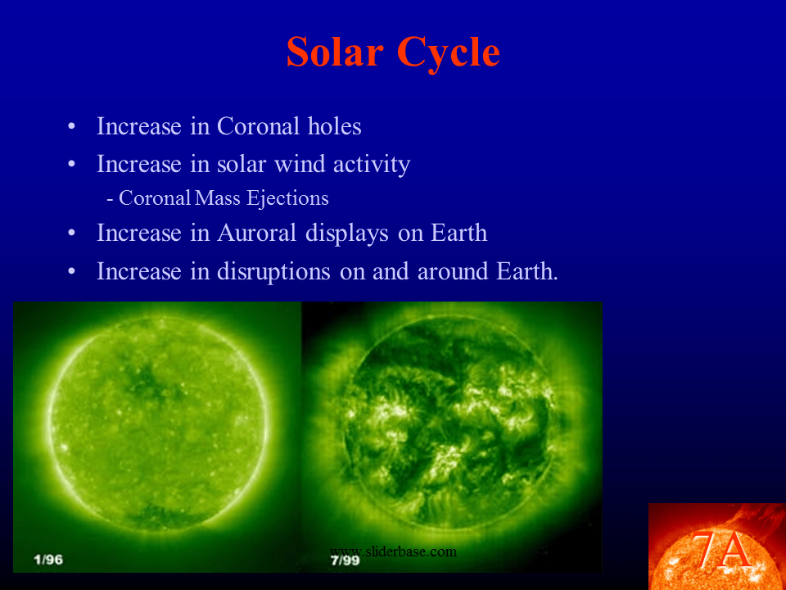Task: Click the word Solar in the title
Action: pyautogui.click(x=335, y=52)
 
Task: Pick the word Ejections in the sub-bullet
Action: pyautogui.click(x=287, y=198)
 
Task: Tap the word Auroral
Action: pyautogui.click(x=256, y=233)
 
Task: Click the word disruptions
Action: pyautogui.click(x=273, y=272)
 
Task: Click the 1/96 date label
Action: pyautogui.click(x=48, y=560)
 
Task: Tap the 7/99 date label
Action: pyautogui.click(x=345, y=560)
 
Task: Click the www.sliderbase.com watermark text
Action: pyautogui.click(x=393, y=551)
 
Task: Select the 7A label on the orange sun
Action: pyautogui.click(x=721, y=551)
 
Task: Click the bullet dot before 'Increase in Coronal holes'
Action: pyautogui.click(x=72, y=126)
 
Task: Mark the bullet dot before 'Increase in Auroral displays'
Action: pyautogui.click(x=72, y=234)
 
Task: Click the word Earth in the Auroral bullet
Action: pyautogui.click(x=458, y=233)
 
